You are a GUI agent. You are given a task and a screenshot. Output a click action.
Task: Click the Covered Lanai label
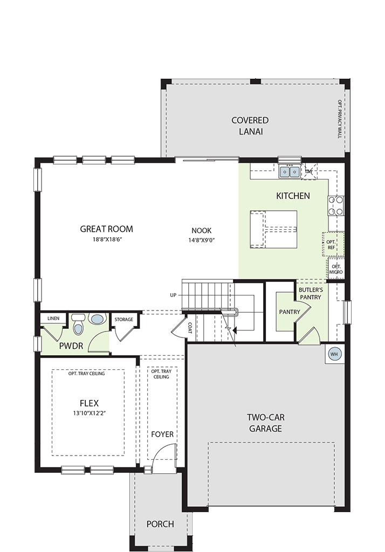[250, 126]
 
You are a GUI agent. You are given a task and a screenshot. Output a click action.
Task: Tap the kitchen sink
[290, 171]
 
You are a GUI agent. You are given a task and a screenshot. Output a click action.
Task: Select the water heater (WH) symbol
[334, 354]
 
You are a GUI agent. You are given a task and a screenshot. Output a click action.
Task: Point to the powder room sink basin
[97, 319]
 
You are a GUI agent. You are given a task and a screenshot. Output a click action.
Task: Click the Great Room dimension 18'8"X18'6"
[107, 239]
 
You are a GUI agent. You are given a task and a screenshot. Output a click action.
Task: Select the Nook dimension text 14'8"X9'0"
[201, 240]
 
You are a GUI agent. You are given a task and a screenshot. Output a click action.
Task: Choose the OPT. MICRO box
[336, 270]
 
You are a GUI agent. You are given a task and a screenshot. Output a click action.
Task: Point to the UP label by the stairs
[173, 295]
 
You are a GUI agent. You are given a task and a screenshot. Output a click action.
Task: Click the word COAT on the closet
[190, 328]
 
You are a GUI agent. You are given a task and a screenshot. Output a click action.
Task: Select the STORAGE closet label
[123, 319]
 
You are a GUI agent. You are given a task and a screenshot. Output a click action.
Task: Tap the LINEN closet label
[53, 318]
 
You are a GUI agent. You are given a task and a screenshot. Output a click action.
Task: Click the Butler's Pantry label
[311, 294]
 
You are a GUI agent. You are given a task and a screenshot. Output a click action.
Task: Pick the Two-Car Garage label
[266, 423]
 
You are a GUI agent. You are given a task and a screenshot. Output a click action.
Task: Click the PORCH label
[160, 524]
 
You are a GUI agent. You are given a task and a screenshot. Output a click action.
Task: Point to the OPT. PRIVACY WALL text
[340, 119]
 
